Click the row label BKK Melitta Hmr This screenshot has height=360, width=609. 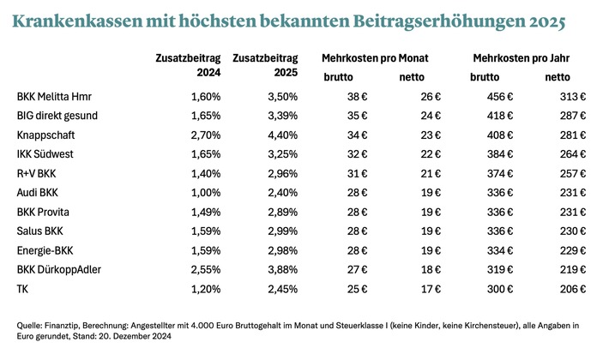coord(52,97)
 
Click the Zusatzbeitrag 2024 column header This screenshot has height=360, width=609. coord(188,66)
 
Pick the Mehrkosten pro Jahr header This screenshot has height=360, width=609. coord(521,58)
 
